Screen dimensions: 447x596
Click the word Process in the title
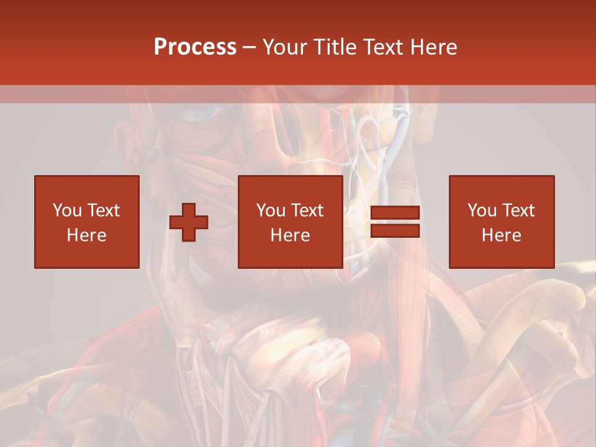(x=195, y=47)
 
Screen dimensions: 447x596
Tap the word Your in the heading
(x=286, y=47)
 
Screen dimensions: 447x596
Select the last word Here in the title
(x=435, y=47)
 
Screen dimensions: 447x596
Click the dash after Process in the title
(x=249, y=47)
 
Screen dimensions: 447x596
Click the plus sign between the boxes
(x=189, y=222)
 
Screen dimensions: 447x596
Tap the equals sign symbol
(x=395, y=222)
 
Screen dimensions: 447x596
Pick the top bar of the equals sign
(x=395, y=214)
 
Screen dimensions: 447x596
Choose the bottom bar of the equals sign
(x=395, y=230)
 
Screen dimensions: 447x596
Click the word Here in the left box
(x=86, y=235)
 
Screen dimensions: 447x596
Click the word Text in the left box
(x=103, y=210)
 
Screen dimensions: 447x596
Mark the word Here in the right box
(x=501, y=235)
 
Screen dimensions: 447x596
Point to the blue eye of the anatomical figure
(x=201, y=112)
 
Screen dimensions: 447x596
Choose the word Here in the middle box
(x=290, y=235)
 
